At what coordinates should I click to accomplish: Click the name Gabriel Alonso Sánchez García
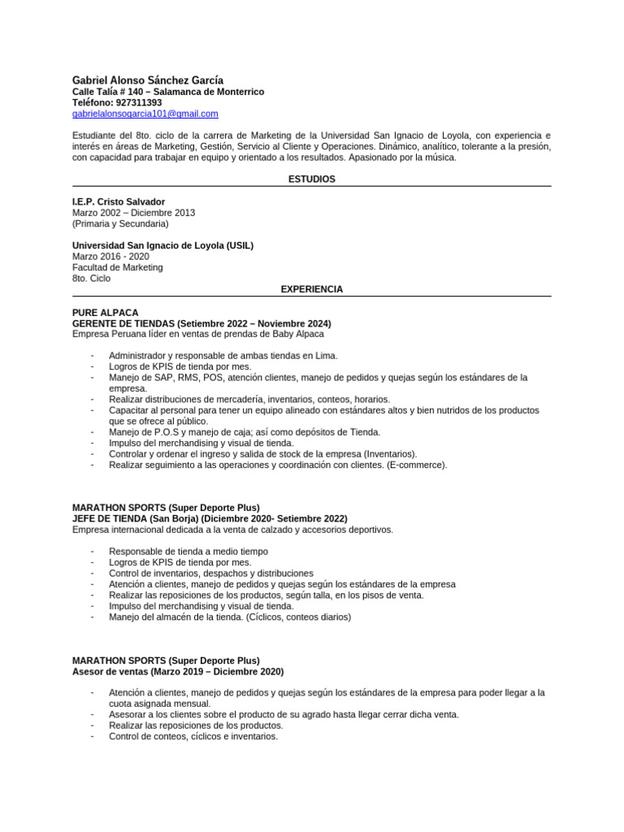[x=148, y=80]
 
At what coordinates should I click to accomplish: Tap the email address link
[x=145, y=114]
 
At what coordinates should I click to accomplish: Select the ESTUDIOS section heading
[x=312, y=180]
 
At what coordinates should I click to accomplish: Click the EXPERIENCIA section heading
[x=312, y=289]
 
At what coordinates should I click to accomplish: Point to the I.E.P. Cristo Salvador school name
[x=119, y=201]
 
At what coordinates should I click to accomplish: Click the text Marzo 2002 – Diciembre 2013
[x=133, y=213]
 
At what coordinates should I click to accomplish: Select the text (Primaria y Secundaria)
[x=120, y=223]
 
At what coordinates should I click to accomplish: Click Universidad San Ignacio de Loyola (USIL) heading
[x=162, y=245]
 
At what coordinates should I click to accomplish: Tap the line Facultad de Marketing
[x=118, y=267]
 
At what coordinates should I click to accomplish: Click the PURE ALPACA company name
[x=106, y=312]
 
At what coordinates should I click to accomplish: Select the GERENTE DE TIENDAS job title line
[x=201, y=323]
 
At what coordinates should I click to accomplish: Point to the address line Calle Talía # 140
[x=168, y=92]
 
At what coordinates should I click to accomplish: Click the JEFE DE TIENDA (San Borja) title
[x=210, y=518]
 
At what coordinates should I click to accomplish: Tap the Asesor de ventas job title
[x=178, y=672]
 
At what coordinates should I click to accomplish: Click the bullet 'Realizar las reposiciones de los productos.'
[x=196, y=726]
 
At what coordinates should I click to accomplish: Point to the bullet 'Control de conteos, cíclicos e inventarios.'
[x=193, y=737]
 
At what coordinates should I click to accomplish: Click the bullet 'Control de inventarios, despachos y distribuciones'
[x=211, y=573]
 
